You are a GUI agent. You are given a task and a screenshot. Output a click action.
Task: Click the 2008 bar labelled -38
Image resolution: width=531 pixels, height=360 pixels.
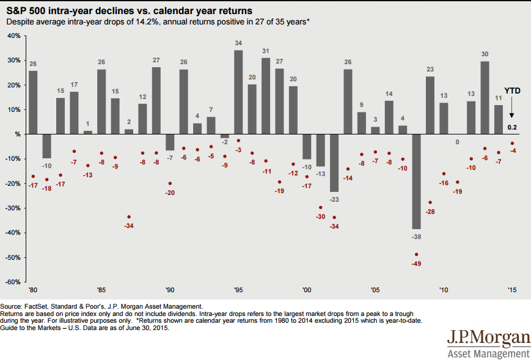(x=416, y=181)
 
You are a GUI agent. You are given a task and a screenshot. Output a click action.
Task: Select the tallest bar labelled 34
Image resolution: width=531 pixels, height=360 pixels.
(x=238, y=92)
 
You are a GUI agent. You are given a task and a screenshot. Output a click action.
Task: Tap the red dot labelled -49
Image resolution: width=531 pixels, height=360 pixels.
(x=417, y=254)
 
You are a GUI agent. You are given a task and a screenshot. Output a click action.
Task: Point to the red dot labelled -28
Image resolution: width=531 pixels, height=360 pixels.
(x=430, y=202)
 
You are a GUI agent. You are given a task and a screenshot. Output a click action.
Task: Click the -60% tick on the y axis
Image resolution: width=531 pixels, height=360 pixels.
(x=13, y=282)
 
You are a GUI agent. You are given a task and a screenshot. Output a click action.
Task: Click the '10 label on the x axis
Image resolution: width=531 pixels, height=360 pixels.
(x=444, y=291)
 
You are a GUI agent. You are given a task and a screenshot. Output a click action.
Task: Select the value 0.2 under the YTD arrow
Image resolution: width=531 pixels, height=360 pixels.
(x=512, y=127)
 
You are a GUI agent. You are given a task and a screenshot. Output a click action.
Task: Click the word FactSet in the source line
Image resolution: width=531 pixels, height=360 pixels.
(x=35, y=306)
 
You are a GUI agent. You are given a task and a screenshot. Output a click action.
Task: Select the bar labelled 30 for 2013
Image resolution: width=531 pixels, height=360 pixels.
(x=485, y=97)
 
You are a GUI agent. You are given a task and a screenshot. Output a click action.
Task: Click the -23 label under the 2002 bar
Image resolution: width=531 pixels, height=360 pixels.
(x=334, y=199)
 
